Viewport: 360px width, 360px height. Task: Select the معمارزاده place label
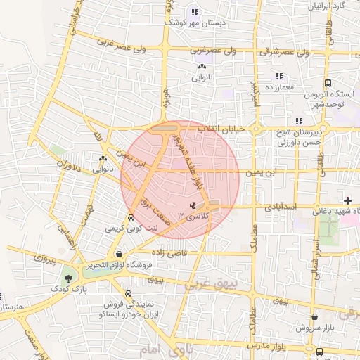tap(279, 86)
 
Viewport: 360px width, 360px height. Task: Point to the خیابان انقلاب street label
tap(221, 129)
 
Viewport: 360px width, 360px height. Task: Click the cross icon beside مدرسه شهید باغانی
tap(347, 201)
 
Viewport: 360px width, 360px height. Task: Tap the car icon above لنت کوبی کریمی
tap(131, 218)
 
